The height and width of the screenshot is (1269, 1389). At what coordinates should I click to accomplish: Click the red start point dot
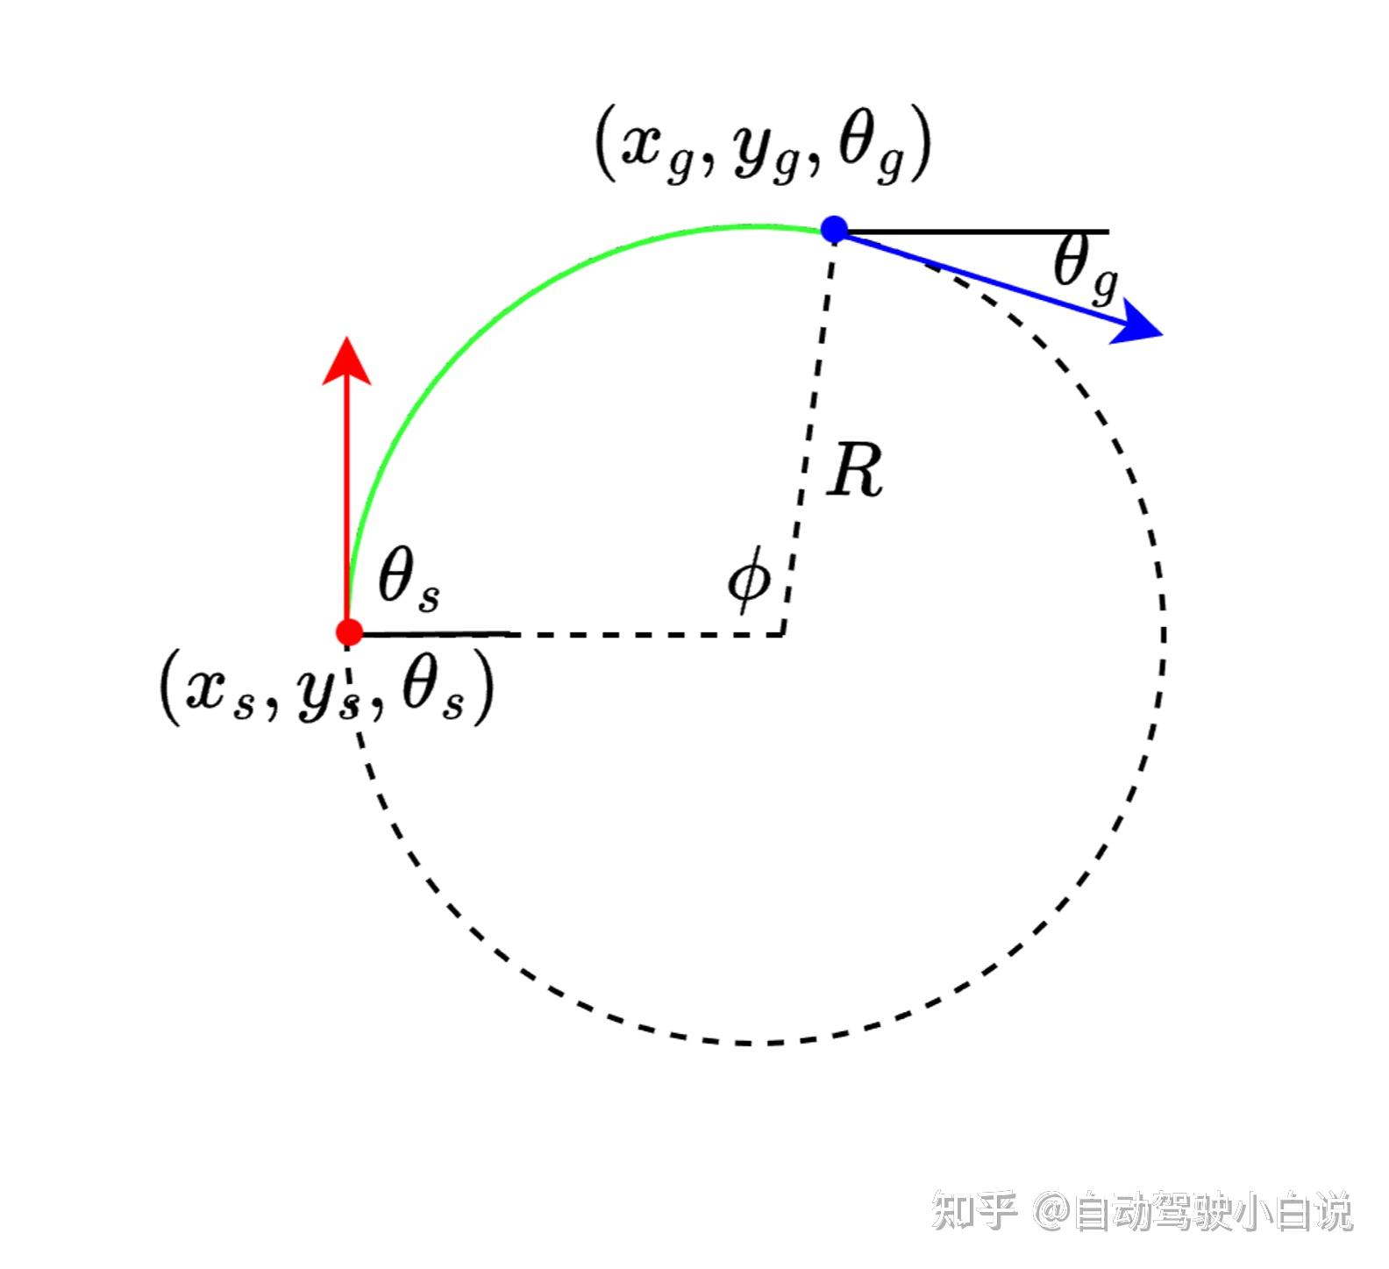click(349, 631)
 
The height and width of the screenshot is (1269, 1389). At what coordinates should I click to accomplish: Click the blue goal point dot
click(834, 230)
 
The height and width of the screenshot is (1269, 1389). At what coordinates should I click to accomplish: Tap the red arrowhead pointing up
click(347, 360)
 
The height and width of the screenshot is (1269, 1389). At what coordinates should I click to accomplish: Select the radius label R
click(856, 472)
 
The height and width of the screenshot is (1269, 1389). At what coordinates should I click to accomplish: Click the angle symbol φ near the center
click(750, 580)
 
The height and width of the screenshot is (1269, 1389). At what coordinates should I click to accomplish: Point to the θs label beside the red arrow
click(408, 581)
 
